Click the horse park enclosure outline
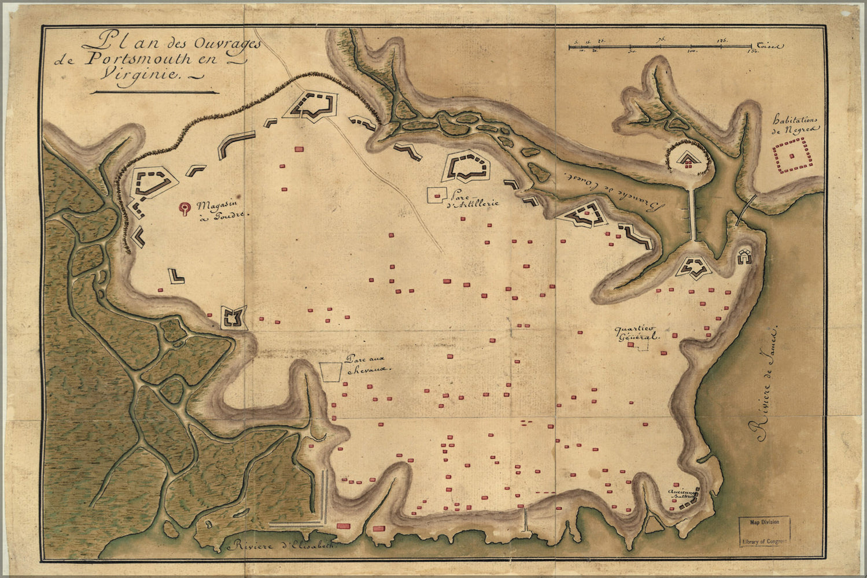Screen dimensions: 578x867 (330, 372)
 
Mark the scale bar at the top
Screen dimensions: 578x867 (659, 46)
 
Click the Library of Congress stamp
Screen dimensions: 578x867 (764, 532)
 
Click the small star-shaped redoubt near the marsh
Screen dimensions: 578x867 (234, 318)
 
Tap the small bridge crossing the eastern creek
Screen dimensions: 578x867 (748, 209)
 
